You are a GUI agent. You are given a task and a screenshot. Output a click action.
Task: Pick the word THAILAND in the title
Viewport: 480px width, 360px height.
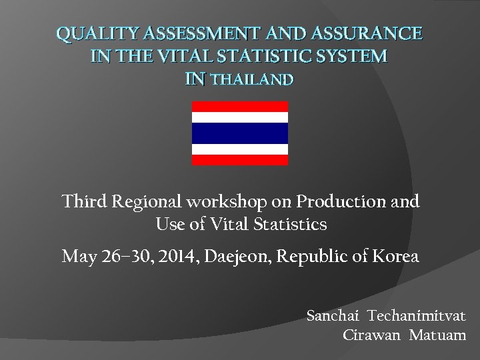tap(251, 80)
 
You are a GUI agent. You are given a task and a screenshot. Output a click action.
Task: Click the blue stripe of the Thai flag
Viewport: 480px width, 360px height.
tap(240, 133)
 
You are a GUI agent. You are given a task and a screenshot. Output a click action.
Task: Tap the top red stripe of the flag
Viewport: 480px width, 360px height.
tap(240, 107)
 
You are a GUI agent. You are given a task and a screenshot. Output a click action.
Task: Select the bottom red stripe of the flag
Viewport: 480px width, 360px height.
tap(240, 160)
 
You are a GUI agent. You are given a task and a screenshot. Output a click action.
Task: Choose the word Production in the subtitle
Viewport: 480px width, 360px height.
tap(339, 201)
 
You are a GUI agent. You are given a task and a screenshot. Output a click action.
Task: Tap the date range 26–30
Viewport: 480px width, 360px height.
tap(118, 255)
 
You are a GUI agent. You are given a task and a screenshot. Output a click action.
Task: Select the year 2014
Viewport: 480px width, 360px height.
tap(169, 255)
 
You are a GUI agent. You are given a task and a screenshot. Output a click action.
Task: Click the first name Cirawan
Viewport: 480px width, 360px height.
tap(370, 335)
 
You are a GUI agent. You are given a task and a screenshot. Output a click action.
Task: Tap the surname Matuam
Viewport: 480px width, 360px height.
tap(439, 335)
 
